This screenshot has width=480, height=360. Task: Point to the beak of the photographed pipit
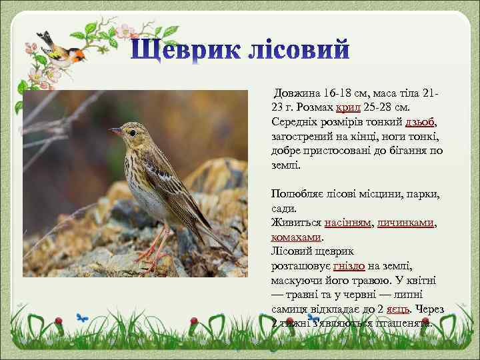point(115,131)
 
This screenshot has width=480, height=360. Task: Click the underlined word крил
point(349,107)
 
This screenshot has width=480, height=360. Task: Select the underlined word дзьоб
point(420,121)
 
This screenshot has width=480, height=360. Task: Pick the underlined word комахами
point(296,237)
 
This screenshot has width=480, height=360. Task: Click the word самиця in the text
point(291,309)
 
